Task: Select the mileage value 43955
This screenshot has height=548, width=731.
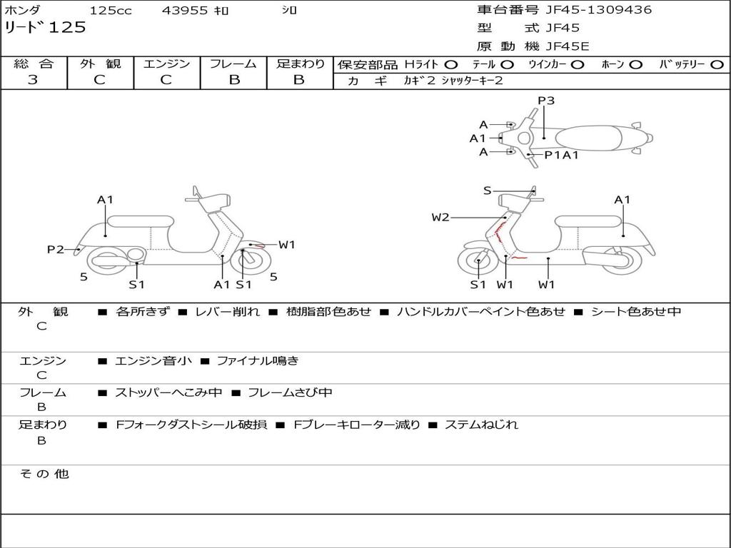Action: coord(185,11)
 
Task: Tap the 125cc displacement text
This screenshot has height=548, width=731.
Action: coord(110,11)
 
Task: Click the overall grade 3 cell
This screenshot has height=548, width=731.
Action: coord(34,80)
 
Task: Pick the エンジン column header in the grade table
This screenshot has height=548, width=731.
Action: coord(166,64)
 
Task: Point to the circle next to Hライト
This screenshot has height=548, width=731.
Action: coord(452,64)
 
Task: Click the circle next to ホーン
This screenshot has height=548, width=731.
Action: coord(636,64)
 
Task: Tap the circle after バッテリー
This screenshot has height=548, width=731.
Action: coord(717,64)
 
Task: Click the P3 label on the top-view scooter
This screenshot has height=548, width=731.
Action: coord(546,101)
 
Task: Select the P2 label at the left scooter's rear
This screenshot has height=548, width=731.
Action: coord(55,249)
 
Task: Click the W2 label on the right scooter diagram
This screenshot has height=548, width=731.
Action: coord(440,218)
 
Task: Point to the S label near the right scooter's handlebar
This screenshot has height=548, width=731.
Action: coord(487,190)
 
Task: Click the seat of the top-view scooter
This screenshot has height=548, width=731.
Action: coord(589,137)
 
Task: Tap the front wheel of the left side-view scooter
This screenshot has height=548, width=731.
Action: coord(247,261)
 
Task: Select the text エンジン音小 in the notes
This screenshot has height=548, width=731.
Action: coord(153,361)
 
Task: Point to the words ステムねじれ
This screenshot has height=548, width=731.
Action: coord(481,425)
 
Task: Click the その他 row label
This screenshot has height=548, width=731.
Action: coord(44,474)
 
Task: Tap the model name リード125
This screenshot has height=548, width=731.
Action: coord(45,28)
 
